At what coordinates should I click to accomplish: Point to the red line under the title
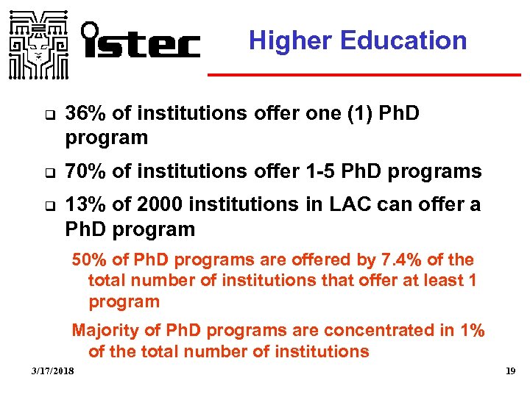364,75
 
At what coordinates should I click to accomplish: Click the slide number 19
510,373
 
